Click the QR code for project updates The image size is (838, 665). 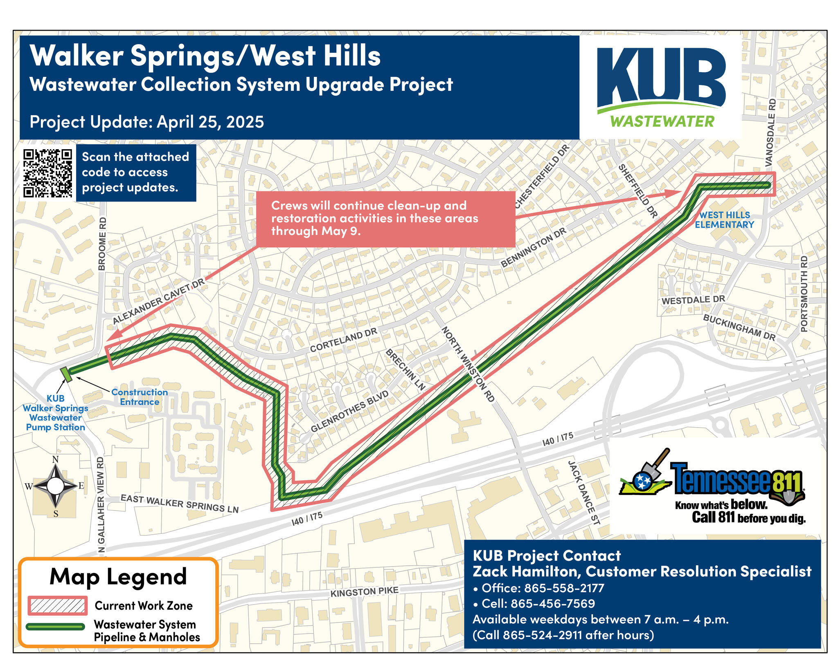(47, 173)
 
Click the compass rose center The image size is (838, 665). (56, 486)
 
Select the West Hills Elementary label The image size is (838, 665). (724, 219)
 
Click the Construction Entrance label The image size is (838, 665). (140, 397)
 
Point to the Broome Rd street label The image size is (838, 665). (102, 244)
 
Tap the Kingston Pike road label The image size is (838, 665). (364, 591)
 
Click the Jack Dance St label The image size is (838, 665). (584, 492)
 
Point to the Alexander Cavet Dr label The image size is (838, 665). (158, 302)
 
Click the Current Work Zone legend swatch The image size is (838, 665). (58, 605)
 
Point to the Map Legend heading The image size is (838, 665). (118, 577)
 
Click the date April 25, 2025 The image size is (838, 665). (210, 122)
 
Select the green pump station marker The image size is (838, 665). (66, 374)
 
